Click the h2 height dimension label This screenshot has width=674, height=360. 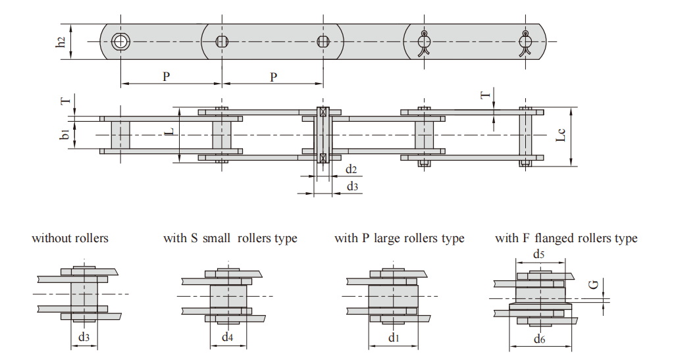point(61,41)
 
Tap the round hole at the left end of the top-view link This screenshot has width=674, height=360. point(120,41)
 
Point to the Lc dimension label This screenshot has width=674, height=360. point(561,135)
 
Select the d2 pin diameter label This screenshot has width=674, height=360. point(351,169)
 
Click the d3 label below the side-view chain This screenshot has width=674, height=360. point(353,186)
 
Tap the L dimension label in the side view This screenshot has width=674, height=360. point(170,131)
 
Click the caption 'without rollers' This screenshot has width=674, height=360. point(70,238)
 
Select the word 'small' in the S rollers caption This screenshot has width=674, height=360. point(217,238)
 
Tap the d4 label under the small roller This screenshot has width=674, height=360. point(227,337)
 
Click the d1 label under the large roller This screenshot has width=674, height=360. point(394,338)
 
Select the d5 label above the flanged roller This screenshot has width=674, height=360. point(538,254)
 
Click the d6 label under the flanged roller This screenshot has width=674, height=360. point(540,340)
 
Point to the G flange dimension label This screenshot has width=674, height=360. point(594,284)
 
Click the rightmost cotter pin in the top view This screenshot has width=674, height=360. point(525,44)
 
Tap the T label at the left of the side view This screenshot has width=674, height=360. point(66,101)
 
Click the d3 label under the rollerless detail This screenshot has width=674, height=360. point(84,337)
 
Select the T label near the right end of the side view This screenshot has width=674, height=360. point(485,95)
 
